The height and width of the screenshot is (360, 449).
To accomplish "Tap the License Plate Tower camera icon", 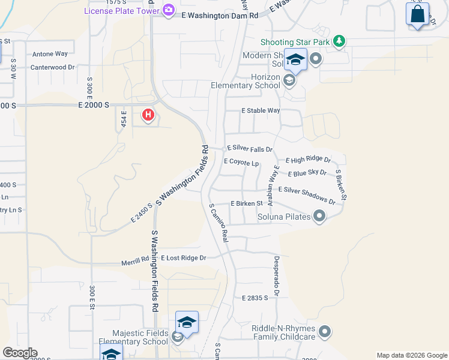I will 169,10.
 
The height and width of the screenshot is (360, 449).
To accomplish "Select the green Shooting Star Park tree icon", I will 340,41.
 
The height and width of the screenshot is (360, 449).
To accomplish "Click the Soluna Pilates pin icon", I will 319,216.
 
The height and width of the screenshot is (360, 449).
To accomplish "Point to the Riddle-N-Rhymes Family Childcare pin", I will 325,331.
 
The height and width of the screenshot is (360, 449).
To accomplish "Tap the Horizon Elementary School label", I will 245,82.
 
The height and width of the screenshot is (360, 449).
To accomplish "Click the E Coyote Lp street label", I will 241,161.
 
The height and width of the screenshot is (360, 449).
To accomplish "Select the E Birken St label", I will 247,204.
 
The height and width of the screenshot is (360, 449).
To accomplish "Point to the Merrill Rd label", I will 134,260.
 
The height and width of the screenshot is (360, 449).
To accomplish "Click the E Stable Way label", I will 261,111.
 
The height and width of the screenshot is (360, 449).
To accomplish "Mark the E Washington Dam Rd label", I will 220,16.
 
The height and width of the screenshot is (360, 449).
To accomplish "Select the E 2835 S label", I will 255,298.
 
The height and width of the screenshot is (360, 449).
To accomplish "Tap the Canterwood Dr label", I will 52,68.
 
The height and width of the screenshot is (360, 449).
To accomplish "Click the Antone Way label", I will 50,54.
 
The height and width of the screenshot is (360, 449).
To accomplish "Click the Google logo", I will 20,353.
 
